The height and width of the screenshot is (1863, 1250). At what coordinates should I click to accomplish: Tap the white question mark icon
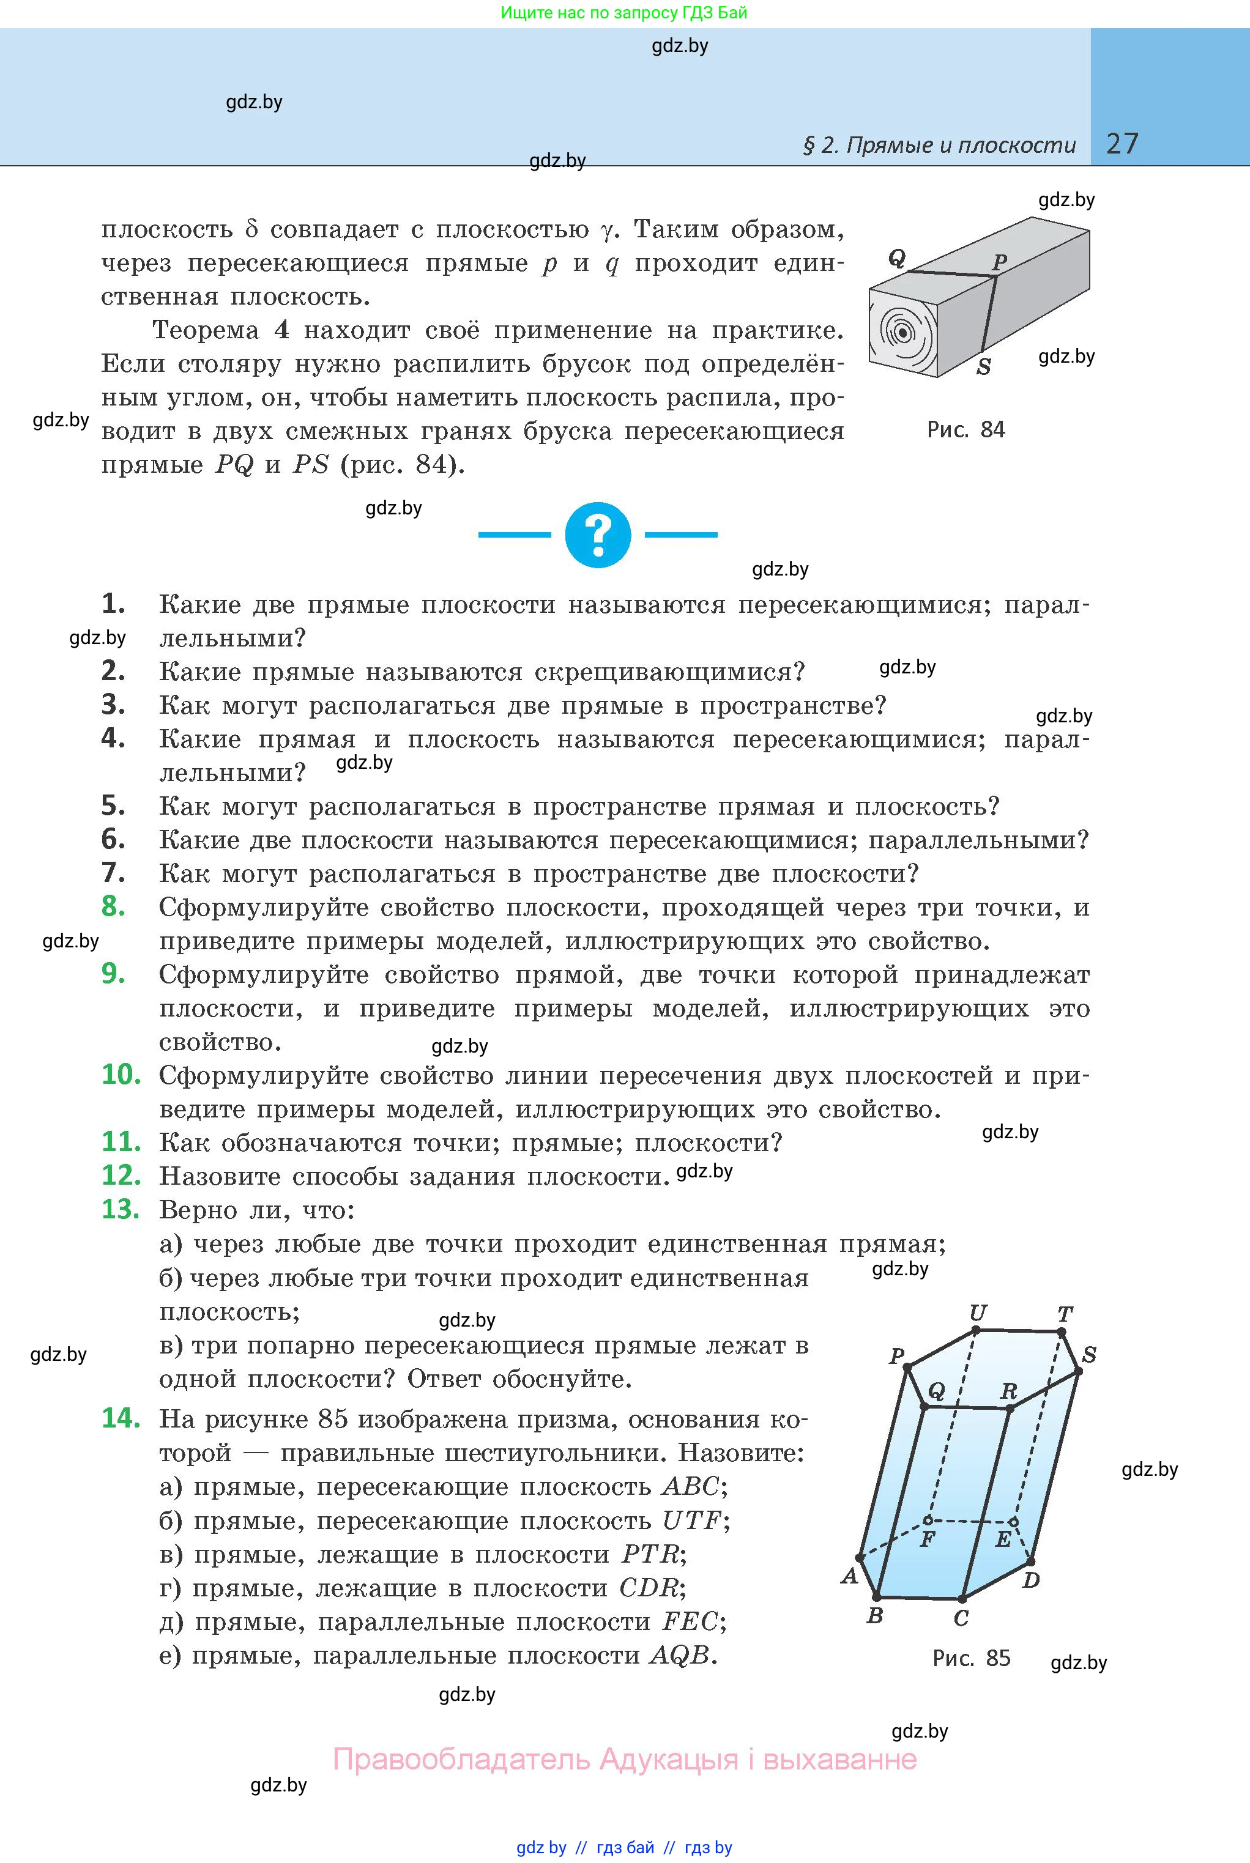click(x=598, y=535)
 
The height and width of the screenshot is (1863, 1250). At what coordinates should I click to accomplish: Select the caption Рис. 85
click(x=971, y=1657)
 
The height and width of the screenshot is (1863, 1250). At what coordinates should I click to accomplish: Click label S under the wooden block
click(x=984, y=368)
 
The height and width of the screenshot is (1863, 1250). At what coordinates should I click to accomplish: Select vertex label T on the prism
click(x=1065, y=1314)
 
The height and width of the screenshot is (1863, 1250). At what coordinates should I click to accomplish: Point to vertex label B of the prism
click(x=874, y=1616)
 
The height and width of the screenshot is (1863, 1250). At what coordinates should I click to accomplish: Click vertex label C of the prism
click(x=961, y=1618)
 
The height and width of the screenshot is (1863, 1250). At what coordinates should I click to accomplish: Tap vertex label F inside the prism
click(x=927, y=1539)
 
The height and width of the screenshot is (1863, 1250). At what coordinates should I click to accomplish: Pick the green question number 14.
click(x=121, y=1418)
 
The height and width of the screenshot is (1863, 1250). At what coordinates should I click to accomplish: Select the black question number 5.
click(x=113, y=806)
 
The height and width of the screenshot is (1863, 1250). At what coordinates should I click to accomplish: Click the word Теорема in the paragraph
click(x=205, y=330)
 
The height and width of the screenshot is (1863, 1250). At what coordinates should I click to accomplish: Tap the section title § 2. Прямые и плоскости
click(x=939, y=145)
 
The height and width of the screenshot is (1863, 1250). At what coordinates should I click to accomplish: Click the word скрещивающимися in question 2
click(x=669, y=672)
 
